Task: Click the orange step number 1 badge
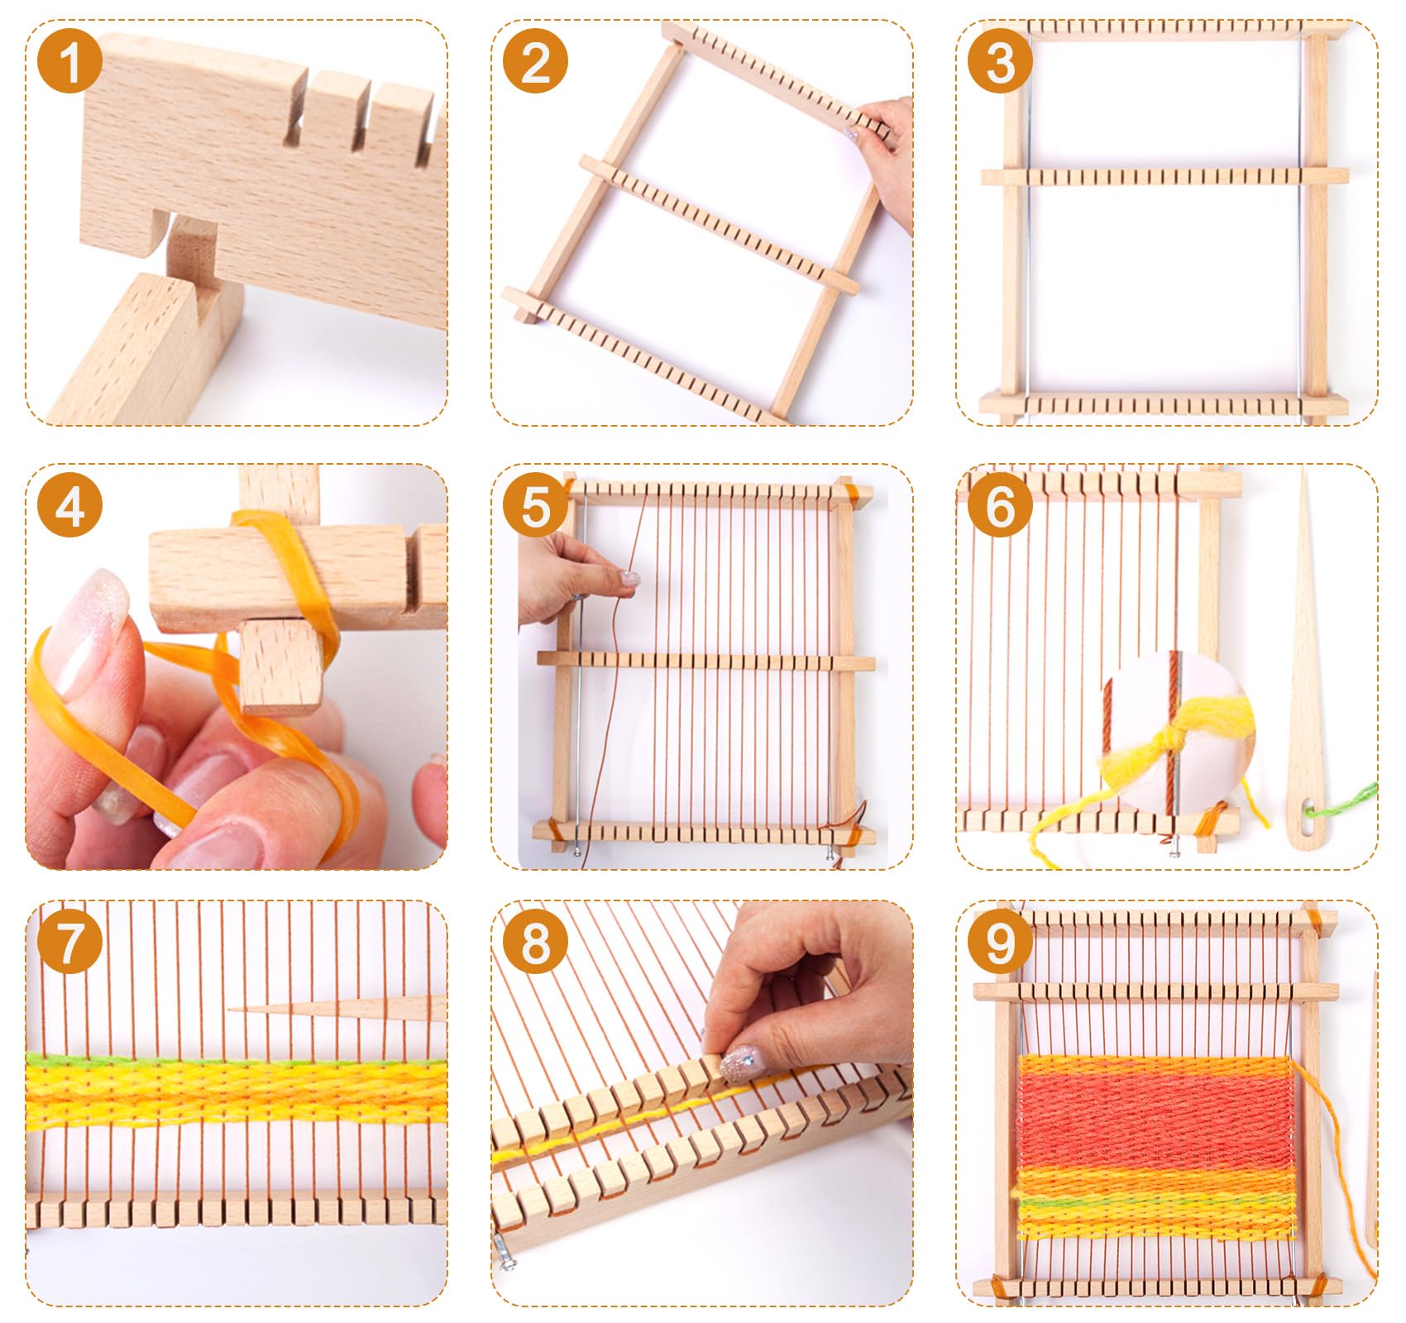pos(70,61)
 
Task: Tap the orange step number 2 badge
pos(535,61)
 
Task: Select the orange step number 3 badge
pos(1000,61)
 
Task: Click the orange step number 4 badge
pos(70,505)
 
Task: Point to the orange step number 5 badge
pos(535,505)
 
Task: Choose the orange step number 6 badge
pos(1000,505)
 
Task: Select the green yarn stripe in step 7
pos(236,1060)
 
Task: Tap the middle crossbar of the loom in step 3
pos(1164,176)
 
